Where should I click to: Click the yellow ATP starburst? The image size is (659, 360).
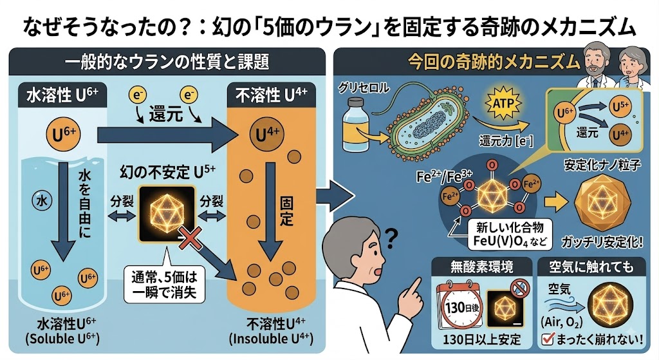pyautogui.click(x=503, y=103)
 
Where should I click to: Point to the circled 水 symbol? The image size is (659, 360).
pyautogui.click(x=42, y=201)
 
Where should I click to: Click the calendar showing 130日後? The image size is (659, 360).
pyautogui.click(x=459, y=307)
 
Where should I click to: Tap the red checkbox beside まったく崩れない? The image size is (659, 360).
pyautogui.click(x=547, y=339)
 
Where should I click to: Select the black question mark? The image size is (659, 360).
pyautogui.click(x=391, y=238)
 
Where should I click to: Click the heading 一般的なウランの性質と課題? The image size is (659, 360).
pyautogui.click(x=167, y=62)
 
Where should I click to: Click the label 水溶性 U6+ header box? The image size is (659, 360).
pyautogui.click(x=62, y=95)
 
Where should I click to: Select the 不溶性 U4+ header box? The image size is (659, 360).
pyautogui.click(x=271, y=95)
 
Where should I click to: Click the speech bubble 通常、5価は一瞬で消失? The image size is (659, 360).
pyautogui.click(x=164, y=285)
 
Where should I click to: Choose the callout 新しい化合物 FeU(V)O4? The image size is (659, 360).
pyautogui.click(x=510, y=234)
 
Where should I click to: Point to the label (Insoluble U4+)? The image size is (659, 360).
pyautogui.click(x=272, y=339)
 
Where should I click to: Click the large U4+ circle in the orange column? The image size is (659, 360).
pyautogui.click(x=267, y=135)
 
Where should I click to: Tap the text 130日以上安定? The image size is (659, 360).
pyautogui.click(x=481, y=339)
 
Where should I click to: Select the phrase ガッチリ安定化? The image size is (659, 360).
pyautogui.click(x=602, y=242)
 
